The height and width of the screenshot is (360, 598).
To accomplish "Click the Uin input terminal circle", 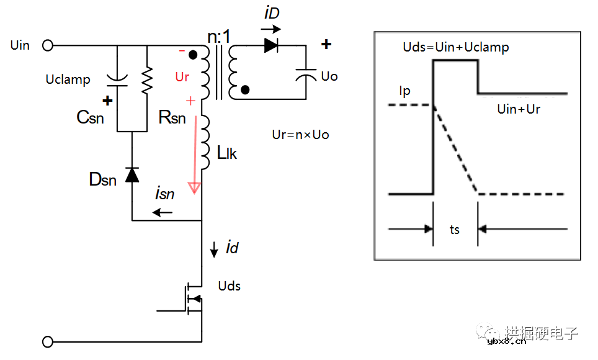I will click(48, 45).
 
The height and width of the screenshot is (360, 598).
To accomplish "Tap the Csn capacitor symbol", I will click(118, 80).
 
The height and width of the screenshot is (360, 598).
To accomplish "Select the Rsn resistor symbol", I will click(147, 80).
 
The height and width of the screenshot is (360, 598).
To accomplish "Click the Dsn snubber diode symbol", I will click(132, 175).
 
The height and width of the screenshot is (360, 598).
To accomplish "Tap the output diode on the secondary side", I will click(270, 45).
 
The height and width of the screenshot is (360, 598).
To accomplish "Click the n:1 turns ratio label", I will click(218, 37).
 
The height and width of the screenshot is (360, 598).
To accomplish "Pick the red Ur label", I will click(182, 77).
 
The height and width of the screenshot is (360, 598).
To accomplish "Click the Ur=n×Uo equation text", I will click(300, 134).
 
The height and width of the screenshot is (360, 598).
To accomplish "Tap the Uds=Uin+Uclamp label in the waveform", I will click(456, 47).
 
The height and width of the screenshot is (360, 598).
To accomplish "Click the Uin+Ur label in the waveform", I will click(519, 109).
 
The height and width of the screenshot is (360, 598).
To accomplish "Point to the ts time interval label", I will click(455, 230).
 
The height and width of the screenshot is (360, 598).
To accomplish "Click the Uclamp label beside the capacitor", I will click(68, 79).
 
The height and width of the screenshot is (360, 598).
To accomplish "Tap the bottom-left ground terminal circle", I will click(48, 341).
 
